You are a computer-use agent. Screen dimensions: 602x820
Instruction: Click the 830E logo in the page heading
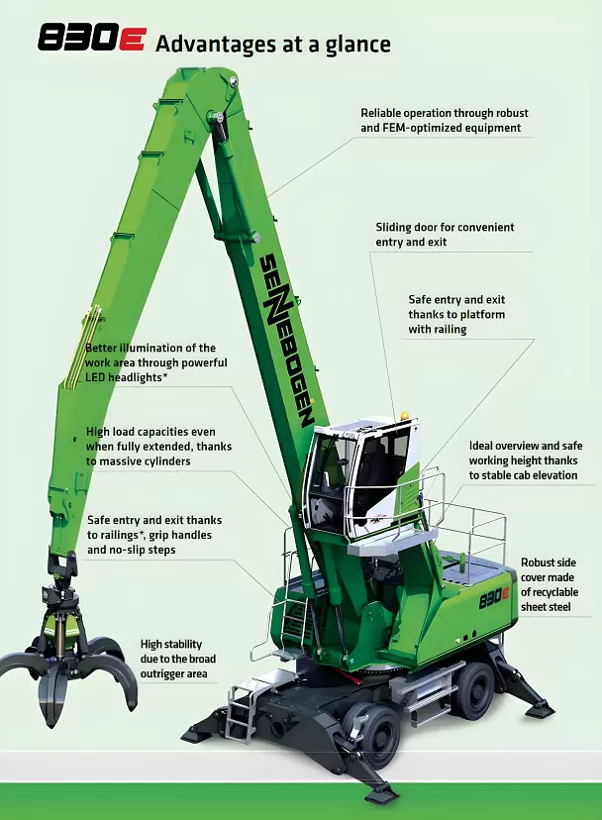[x=91, y=40]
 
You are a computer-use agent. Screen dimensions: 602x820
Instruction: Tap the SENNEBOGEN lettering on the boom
[x=287, y=340]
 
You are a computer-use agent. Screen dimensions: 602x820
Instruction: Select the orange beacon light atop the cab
[x=403, y=415]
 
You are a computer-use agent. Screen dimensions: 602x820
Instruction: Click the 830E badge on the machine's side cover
[x=493, y=598]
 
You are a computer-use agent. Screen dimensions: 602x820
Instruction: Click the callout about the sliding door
[x=445, y=235]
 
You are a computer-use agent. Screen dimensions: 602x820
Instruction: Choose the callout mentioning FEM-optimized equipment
[x=444, y=120]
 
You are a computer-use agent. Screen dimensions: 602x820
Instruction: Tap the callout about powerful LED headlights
[x=155, y=362]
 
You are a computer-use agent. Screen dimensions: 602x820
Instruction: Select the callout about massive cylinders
[x=158, y=447]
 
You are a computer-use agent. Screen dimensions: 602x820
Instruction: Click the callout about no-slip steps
[x=154, y=535]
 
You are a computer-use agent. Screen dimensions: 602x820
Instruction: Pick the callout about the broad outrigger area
[x=178, y=659]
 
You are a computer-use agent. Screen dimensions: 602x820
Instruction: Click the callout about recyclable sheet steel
[x=550, y=584]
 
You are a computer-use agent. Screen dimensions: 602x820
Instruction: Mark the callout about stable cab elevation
[x=525, y=461]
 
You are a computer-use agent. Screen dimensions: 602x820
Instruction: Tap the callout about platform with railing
[x=456, y=314]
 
